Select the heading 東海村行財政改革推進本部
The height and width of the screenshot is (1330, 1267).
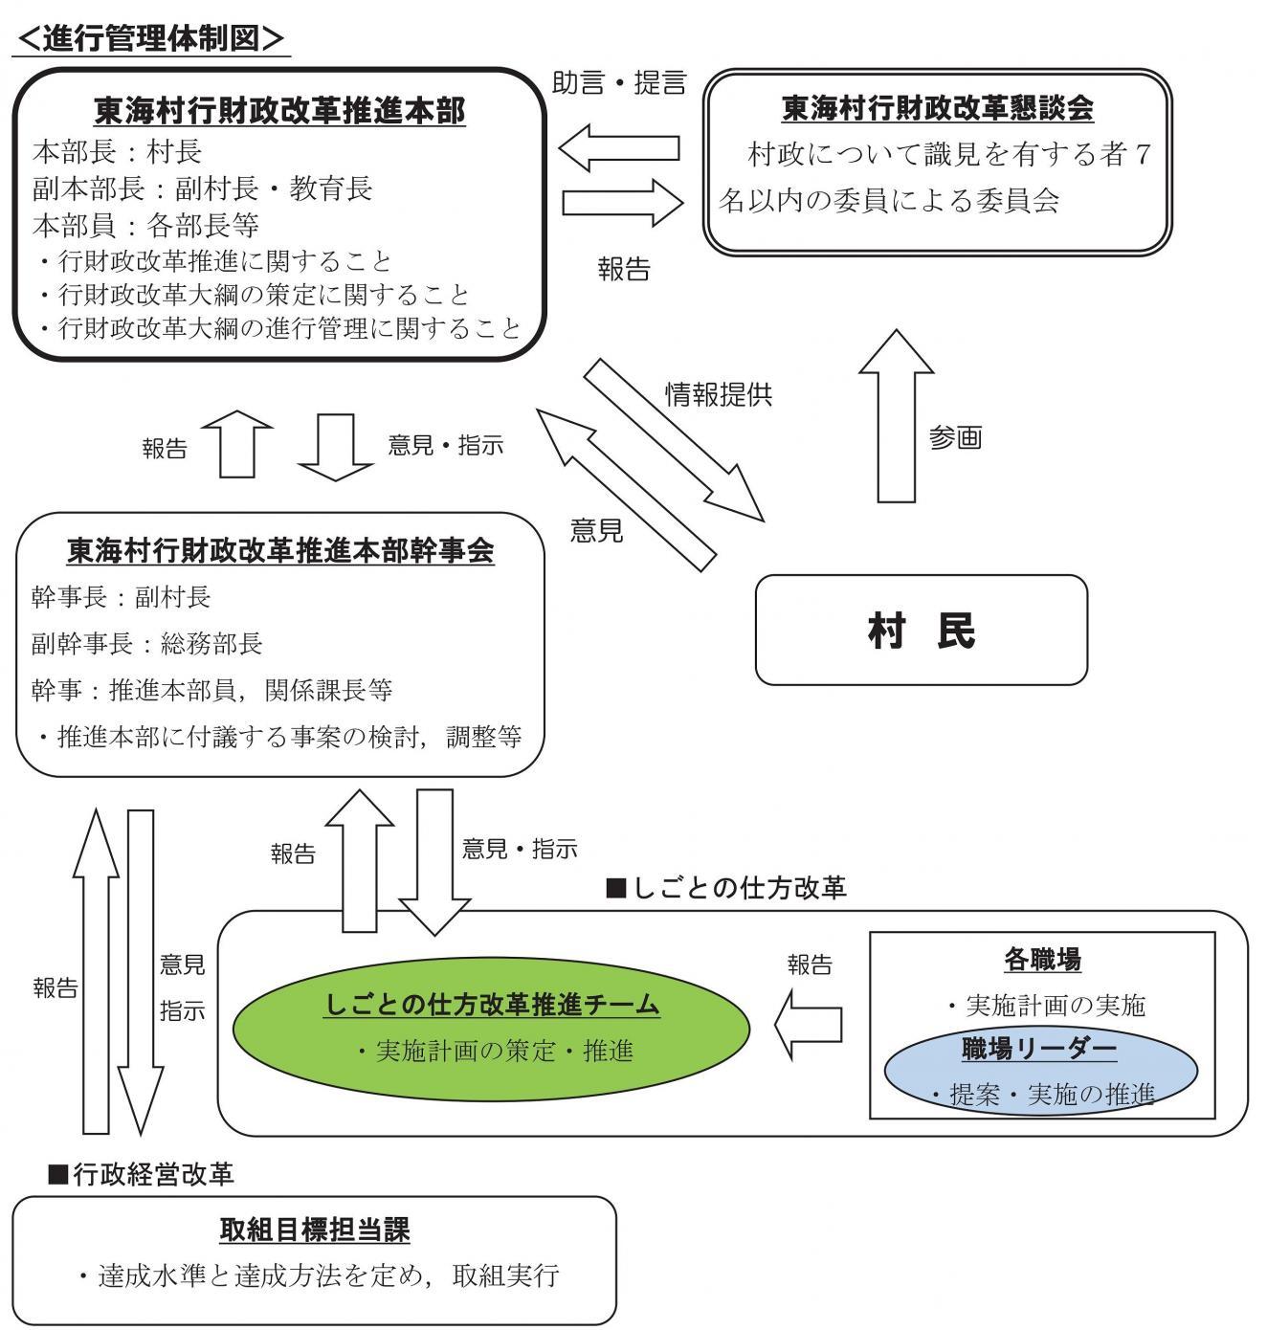tap(279, 112)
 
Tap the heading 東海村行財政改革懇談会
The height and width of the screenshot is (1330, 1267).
tap(937, 108)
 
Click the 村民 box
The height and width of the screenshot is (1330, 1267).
tap(921, 631)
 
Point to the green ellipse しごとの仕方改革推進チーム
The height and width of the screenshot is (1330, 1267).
tap(492, 1028)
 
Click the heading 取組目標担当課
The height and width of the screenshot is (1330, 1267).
tap(314, 1230)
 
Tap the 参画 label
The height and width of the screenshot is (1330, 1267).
tap(955, 438)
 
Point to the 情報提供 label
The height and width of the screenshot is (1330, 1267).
tap(719, 394)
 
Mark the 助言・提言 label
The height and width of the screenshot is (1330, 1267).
tap(619, 82)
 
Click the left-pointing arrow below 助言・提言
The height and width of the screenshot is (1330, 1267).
tap(619, 148)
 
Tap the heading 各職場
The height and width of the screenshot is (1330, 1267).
tap(1042, 958)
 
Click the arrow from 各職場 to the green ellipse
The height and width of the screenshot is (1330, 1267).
tap(809, 1025)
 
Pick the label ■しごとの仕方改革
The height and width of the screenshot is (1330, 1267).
tap(726, 888)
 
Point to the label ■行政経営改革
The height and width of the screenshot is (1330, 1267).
tap(141, 1173)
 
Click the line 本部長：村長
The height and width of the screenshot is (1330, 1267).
tap(117, 151)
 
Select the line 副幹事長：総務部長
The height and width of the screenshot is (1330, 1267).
tap(146, 644)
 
